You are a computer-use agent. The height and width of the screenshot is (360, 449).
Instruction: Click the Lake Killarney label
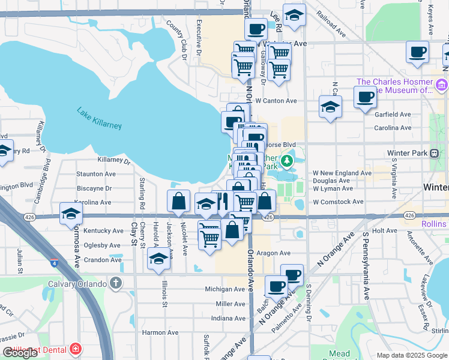coord(99,118)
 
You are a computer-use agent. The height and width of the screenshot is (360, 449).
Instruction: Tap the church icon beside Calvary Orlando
coord(116,283)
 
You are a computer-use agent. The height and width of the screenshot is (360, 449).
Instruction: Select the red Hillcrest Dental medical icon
coord(76,348)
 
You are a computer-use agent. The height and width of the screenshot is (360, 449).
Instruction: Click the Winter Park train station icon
coord(434,153)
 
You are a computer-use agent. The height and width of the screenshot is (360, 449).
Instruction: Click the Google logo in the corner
coord(20,353)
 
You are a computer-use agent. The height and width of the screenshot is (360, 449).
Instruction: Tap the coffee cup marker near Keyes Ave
coord(417,52)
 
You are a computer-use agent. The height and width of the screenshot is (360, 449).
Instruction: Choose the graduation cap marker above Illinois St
coord(158,259)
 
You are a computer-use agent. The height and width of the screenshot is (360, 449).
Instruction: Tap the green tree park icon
coord(287,160)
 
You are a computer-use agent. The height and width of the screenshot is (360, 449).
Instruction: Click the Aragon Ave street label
coord(274,253)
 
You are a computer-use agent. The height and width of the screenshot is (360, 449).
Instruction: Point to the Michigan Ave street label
coord(225,289)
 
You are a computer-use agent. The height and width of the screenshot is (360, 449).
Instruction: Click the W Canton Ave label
coord(276,101)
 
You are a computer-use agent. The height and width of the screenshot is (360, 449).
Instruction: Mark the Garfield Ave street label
coord(392,114)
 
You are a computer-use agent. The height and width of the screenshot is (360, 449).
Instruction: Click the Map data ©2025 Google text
coord(411,355)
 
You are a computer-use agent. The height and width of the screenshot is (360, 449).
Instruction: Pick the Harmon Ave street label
coord(160,332)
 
